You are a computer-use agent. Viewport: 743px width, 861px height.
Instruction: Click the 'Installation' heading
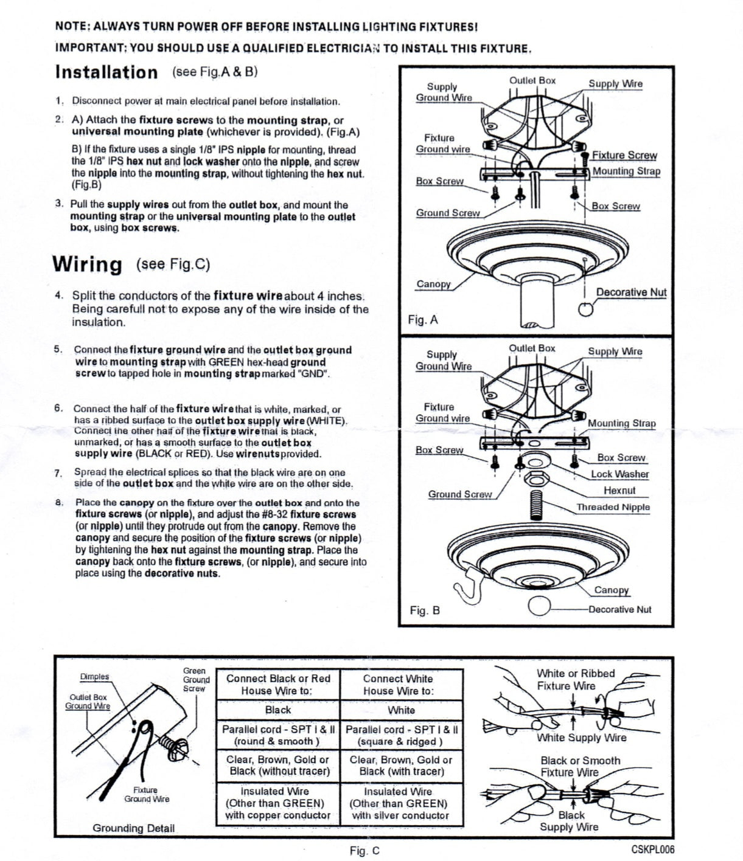[x=106, y=72]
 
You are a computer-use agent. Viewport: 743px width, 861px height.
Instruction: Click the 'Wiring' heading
[x=87, y=265]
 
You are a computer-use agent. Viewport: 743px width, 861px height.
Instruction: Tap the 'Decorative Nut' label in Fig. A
[x=631, y=292]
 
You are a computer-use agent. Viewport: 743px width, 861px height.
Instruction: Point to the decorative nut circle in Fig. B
[x=539, y=607]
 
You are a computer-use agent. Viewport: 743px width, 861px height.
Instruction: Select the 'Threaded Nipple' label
[x=613, y=507]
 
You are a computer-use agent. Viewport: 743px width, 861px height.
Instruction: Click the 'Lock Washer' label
[x=619, y=474]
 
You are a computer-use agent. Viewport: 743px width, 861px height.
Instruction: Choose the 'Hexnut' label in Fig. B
[x=619, y=491]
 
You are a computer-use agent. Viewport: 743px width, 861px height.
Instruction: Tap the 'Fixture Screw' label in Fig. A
[x=624, y=156]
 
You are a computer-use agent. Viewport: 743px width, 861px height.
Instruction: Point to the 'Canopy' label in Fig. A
[x=433, y=285]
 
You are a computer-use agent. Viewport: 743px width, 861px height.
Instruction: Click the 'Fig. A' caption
[x=423, y=320]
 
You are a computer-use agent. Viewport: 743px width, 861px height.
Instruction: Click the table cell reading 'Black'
[x=278, y=710]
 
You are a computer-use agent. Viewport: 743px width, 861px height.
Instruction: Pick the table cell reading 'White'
[x=401, y=710]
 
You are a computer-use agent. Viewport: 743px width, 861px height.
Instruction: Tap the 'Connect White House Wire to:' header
[x=398, y=685]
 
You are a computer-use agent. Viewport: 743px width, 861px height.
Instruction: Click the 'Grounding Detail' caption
[x=133, y=828]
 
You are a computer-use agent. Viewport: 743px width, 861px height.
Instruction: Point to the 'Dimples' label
[x=95, y=677]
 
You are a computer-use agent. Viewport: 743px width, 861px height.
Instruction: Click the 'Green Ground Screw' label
[x=196, y=680]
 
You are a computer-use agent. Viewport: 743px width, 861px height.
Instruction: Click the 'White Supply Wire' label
[x=581, y=738]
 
